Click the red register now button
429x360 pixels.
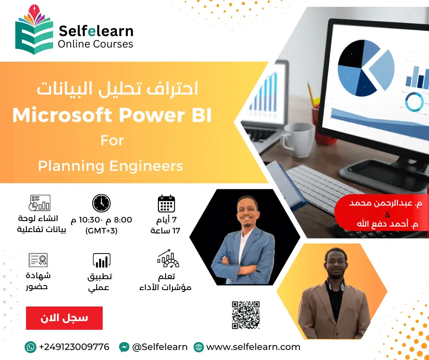tap(64, 318)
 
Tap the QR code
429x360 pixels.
tap(246, 315)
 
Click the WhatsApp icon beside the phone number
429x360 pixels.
tap(31, 347)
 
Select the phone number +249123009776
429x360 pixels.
tap(74, 347)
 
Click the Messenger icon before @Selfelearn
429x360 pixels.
tap(124, 347)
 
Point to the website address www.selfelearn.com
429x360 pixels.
tap(253, 347)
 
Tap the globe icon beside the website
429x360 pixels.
tap(199, 347)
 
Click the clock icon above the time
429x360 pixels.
tap(101, 203)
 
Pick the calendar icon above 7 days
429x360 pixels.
tap(166, 204)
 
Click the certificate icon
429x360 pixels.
tap(38, 260)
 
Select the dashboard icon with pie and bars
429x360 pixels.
tap(40, 203)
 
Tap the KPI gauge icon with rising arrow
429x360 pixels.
tap(168, 259)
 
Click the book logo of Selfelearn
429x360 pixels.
tap(34, 30)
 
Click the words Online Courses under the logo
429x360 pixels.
tap(95, 44)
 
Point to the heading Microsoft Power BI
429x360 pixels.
tap(112, 115)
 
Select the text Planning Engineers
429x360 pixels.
tap(110, 166)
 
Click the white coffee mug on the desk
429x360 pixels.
tap(298, 138)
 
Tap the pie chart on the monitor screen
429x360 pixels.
tap(366, 68)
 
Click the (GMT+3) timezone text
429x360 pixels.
tap(101, 231)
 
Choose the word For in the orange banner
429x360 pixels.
tap(112, 140)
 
